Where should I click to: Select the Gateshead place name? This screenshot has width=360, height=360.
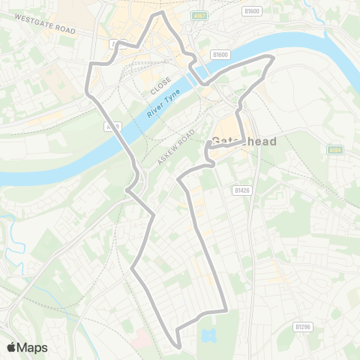pos(244,142)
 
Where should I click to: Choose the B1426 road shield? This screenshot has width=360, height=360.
pos(240,190)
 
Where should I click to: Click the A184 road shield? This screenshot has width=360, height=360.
pos(335,151)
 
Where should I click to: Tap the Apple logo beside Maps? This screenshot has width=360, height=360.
pos(12,347)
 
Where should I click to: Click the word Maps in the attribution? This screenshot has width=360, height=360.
pos(32,347)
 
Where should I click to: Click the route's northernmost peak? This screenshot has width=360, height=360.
pos(158,13)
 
